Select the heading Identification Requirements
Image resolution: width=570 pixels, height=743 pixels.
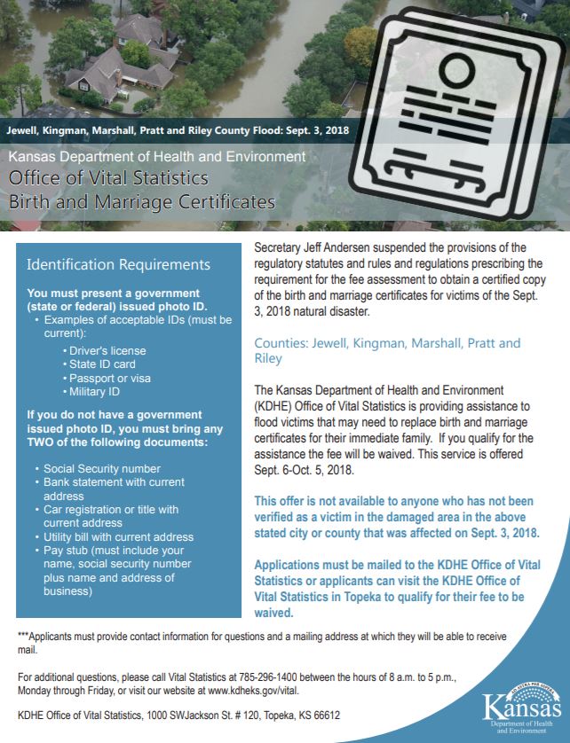(x=119, y=264)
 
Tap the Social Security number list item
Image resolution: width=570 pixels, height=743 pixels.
(x=102, y=468)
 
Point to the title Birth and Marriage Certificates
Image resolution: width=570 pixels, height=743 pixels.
(x=142, y=202)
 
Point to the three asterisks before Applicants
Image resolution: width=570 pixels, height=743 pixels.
(x=24, y=636)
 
